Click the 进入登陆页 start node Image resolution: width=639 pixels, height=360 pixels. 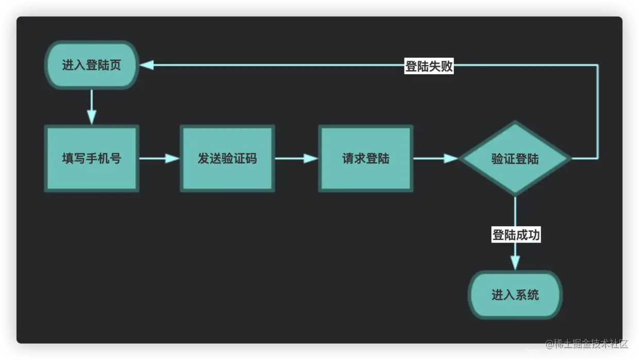(92, 65)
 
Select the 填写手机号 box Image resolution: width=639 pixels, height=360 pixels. (92, 159)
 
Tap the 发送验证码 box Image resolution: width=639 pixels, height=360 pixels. (227, 159)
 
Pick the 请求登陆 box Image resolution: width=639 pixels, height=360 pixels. (365, 159)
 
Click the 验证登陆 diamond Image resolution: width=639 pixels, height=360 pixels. (515, 159)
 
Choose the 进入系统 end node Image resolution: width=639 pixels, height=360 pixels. (515, 295)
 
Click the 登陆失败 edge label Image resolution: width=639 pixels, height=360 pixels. (429, 66)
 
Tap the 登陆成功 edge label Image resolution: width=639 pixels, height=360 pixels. (516, 235)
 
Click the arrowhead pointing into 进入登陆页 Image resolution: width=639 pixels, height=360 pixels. (147, 65)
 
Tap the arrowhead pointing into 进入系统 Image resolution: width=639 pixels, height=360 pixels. (515, 263)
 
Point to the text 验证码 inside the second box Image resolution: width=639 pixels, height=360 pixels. (239, 159)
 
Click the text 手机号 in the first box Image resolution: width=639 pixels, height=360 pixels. (103, 159)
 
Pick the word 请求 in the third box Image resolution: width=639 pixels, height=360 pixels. (354, 159)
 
